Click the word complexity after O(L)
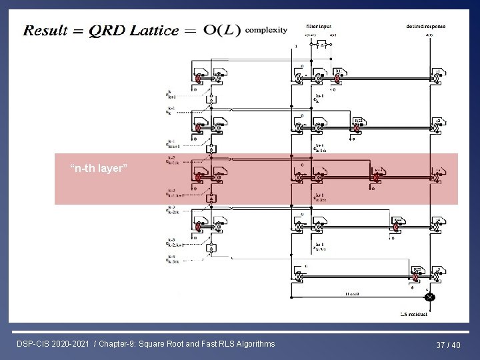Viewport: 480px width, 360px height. click(267, 29)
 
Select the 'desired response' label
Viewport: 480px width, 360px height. click(425, 26)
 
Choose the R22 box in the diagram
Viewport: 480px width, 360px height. click(358, 121)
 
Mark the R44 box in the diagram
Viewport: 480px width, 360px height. click(397, 219)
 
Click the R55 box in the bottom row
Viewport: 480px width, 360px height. click(417, 269)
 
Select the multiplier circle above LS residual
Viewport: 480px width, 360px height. click(430, 297)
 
